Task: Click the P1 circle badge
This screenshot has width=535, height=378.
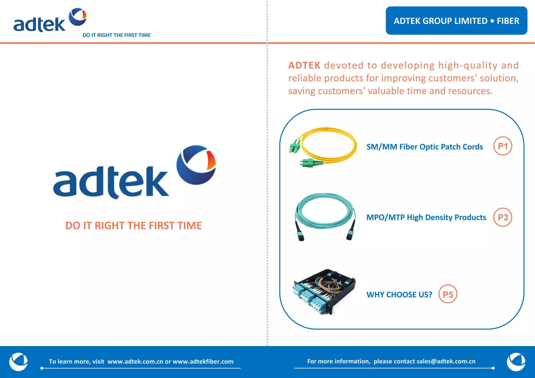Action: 503,146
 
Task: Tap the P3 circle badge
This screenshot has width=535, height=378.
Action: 503,217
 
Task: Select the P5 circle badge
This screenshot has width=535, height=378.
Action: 448,294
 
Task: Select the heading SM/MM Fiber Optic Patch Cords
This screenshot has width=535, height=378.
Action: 424,147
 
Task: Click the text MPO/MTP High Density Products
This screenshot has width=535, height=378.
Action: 426,217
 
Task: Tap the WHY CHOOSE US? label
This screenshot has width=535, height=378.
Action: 399,295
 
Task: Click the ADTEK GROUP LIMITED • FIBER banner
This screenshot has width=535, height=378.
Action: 456,21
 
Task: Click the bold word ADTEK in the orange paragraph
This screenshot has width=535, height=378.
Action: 304,65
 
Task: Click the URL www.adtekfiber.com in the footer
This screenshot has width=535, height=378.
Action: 203,362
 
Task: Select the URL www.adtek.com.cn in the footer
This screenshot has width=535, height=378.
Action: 135,362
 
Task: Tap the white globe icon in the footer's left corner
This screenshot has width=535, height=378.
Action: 18,362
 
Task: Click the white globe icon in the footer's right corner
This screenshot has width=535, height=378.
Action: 516,362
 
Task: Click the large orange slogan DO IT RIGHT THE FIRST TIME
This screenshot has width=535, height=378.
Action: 133,225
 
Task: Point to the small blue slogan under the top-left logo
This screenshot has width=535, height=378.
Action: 117,35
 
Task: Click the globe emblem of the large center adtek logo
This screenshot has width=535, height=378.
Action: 196,165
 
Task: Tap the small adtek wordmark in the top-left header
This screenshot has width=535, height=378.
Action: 39,25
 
